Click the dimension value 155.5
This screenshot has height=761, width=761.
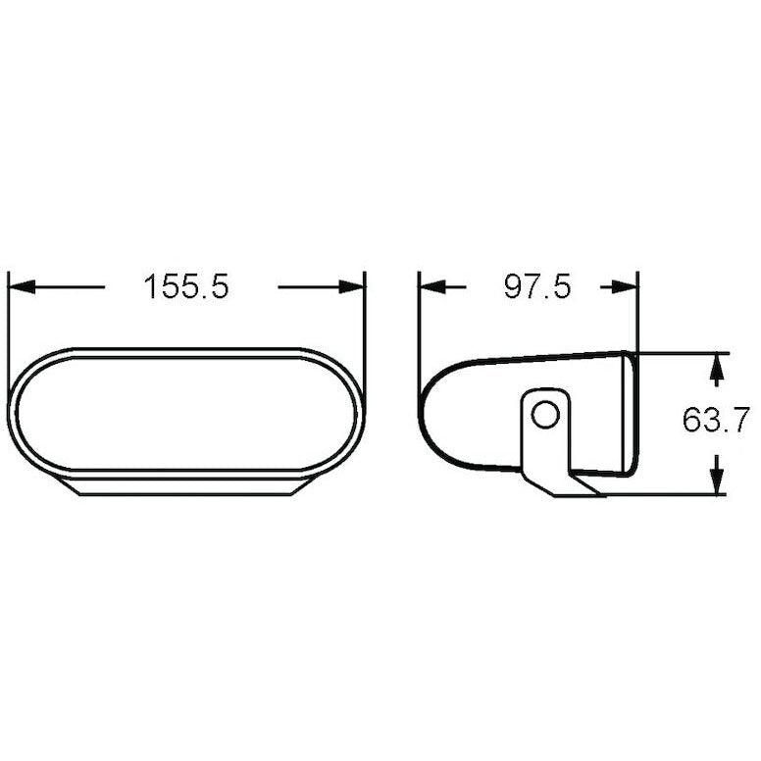pyautogui.click(x=186, y=286)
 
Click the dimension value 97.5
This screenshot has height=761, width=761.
pyautogui.click(x=536, y=286)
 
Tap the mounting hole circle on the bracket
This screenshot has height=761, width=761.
pyautogui.click(x=543, y=416)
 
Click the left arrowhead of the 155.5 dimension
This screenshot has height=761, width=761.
pyautogui.click(x=20, y=286)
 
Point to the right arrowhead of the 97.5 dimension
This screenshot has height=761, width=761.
pyautogui.click(x=623, y=286)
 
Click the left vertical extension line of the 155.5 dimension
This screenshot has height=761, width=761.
pyautogui.click(x=8, y=314)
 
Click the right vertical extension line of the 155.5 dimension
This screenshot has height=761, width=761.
pyautogui.click(x=365, y=314)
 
